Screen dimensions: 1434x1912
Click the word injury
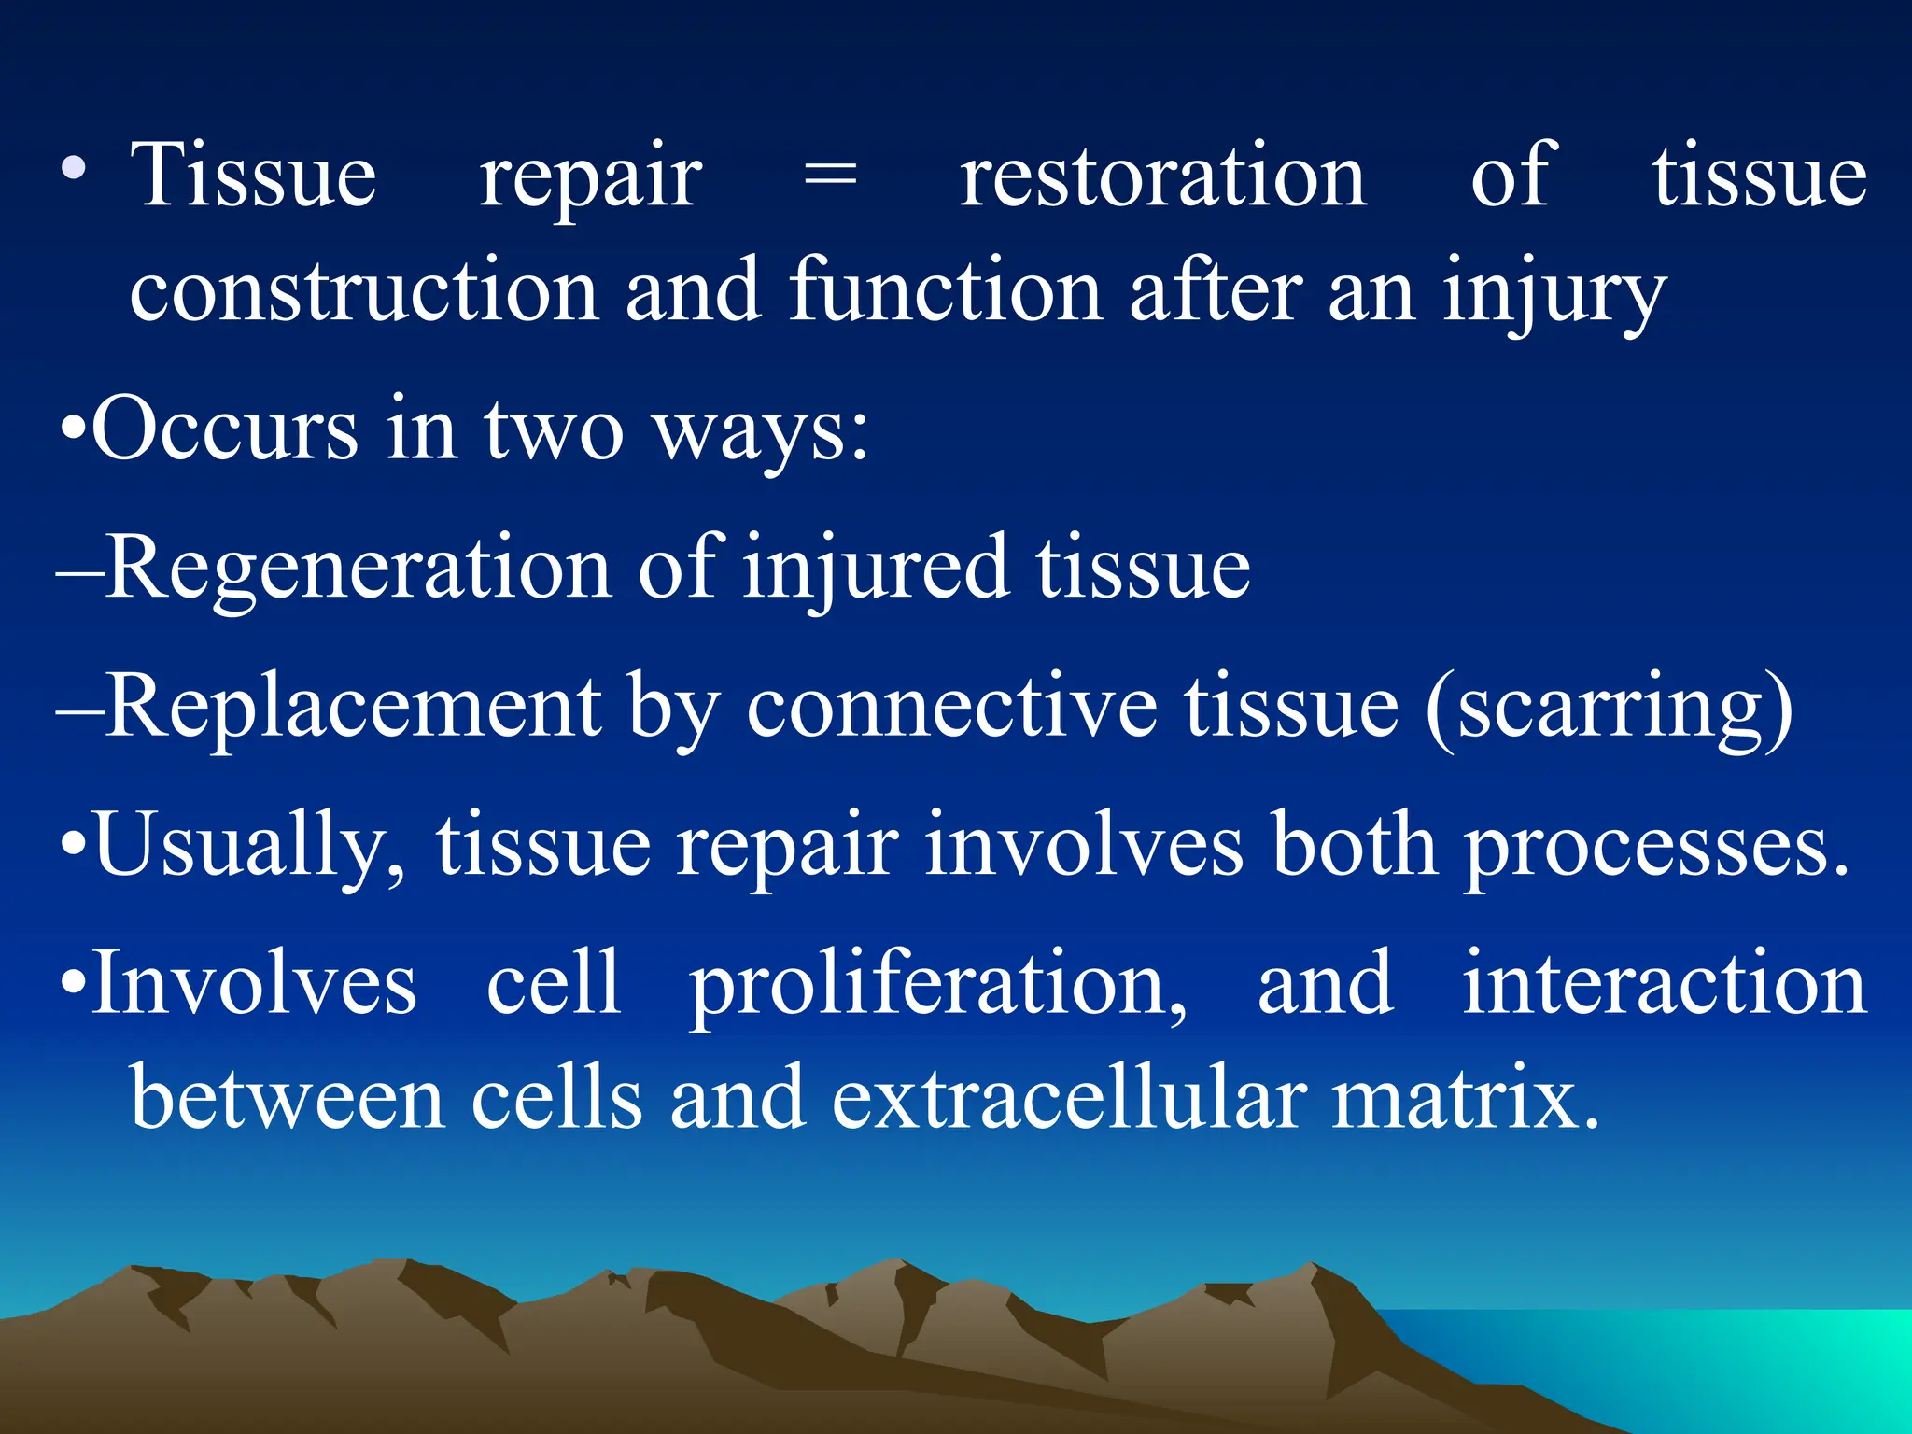click(1553, 295)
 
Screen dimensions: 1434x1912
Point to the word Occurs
click(225, 429)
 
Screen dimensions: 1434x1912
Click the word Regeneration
click(358, 569)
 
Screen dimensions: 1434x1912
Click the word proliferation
click(937, 985)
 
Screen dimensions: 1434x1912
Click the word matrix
click(1465, 1097)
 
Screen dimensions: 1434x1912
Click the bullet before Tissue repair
click(73, 170)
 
